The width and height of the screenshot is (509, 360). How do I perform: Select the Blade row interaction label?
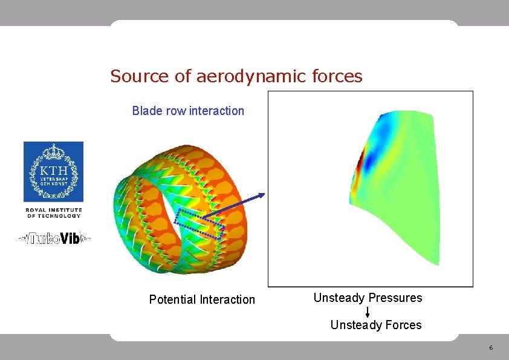click(x=188, y=111)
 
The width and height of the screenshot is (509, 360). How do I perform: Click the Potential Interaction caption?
click(x=202, y=299)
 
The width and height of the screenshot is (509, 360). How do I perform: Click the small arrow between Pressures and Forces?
click(x=368, y=312)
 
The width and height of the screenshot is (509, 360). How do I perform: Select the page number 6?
click(x=491, y=348)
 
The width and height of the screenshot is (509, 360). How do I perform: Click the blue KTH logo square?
click(x=53, y=172)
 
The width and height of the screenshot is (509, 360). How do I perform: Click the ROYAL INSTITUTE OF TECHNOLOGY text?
click(x=53, y=212)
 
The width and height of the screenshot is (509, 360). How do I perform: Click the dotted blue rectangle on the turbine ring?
click(x=199, y=221)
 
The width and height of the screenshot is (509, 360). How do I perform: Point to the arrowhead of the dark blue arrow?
click(x=262, y=194)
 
